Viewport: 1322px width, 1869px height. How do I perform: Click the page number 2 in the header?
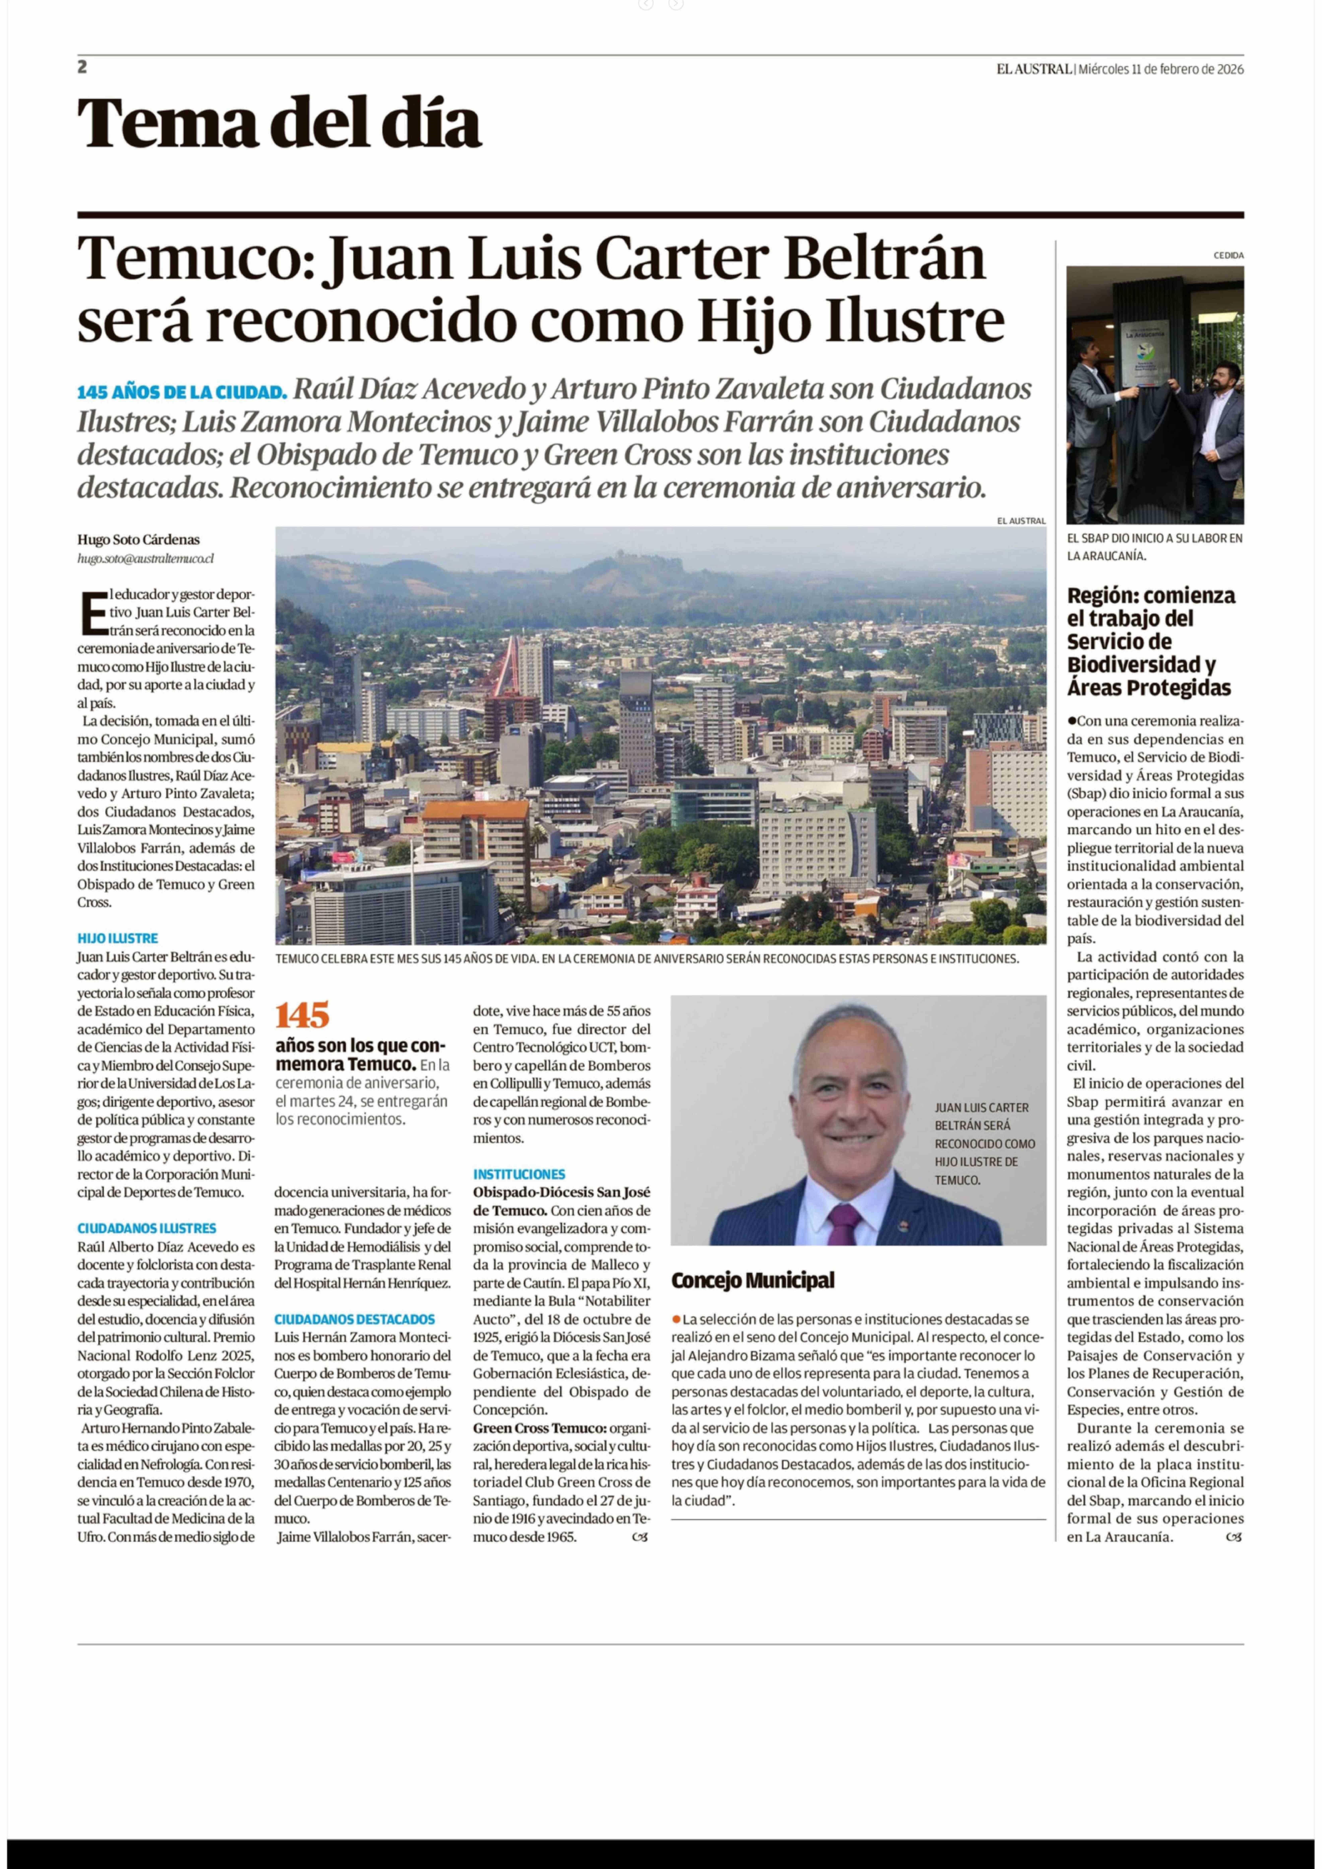pos(82,67)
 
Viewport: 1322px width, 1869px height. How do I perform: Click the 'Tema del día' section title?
pos(279,123)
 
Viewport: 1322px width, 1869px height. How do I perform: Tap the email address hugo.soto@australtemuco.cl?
pos(146,558)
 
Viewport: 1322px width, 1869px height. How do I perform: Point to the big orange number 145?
pos(302,1015)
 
